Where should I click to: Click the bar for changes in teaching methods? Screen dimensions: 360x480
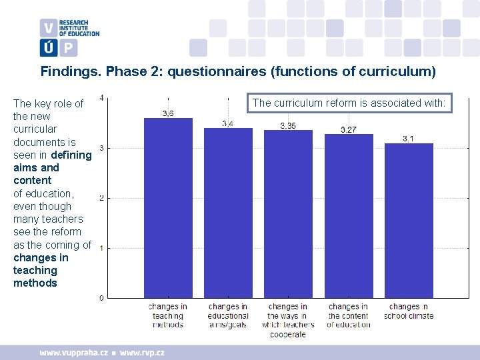tap(168, 207)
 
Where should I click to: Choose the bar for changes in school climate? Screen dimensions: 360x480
tap(409, 220)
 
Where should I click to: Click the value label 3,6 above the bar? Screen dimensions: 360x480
tap(168, 113)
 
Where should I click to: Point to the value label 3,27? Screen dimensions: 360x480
tap(349, 129)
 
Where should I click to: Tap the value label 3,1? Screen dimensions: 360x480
tap(409, 138)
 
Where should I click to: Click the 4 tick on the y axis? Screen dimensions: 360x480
tap(101, 98)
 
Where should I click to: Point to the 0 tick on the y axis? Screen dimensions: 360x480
tap(101, 298)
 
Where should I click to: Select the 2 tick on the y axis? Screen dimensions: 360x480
tap(101, 198)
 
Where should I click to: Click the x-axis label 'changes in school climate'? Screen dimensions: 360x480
tap(409, 311)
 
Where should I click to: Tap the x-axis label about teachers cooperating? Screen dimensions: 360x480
tap(288, 320)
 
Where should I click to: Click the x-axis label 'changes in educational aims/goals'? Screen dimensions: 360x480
tap(228, 315)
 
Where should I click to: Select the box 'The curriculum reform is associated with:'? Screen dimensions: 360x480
tap(350, 103)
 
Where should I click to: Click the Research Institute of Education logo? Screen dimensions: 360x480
tap(69, 37)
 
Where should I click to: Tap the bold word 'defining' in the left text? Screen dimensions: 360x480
tap(71, 155)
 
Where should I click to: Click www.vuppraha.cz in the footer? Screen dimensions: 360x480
tap(73, 352)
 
